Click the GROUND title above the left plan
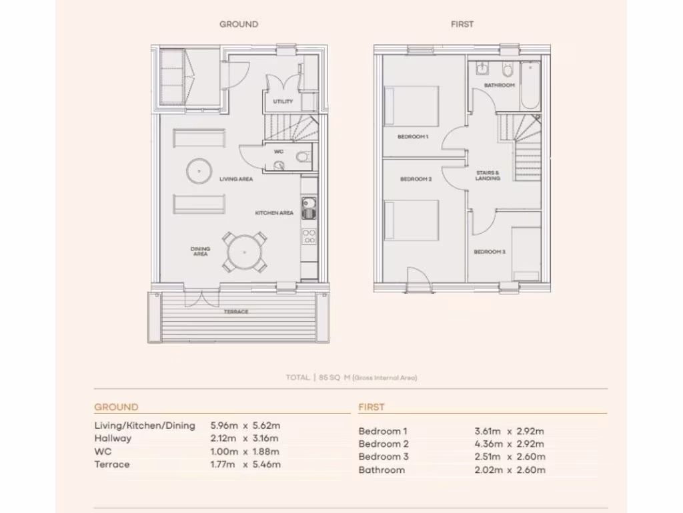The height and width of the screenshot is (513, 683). pyautogui.click(x=239, y=24)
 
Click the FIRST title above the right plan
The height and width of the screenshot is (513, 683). pyautogui.click(x=462, y=24)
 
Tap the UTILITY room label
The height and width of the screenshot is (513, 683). pyautogui.click(x=283, y=102)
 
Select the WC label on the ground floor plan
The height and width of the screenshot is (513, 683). pyautogui.click(x=278, y=152)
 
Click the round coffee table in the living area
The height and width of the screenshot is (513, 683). pyautogui.click(x=198, y=171)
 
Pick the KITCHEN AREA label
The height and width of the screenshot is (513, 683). pyautogui.click(x=274, y=213)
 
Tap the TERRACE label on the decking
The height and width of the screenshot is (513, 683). pyautogui.click(x=236, y=312)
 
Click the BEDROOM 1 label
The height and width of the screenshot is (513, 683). pyautogui.click(x=412, y=137)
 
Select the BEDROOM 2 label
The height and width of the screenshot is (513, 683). pyautogui.click(x=416, y=179)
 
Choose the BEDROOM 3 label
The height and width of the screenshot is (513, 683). pyautogui.click(x=489, y=252)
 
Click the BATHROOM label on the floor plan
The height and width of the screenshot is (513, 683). pyautogui.click(x=500, y=85)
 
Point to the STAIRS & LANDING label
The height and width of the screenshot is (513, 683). pyautogui.click(x=488, y=176)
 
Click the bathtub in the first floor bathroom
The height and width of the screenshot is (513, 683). pyautogui.click(x=531, y=85)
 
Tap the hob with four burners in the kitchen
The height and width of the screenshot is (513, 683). pyautogui.click(x=309, y=236)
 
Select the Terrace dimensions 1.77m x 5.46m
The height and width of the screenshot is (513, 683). pyautogui.click(x=245, y=464)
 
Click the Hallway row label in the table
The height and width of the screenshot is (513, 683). pyautogui.click(x=113, y=438)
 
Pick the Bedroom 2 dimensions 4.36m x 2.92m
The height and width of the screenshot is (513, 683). pyautogui.click(x=509, y=444)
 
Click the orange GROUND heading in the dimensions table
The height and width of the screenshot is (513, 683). pyautogui.click(x=116, y=407)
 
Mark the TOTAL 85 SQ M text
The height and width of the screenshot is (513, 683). pyautogui.click(x=352, y=378)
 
